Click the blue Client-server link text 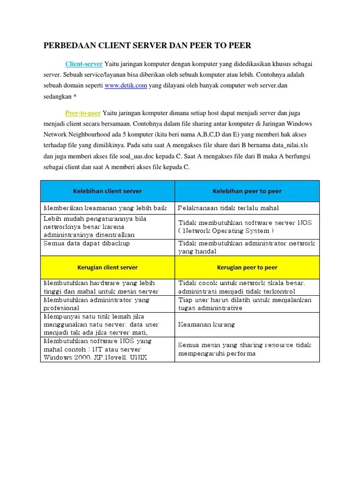pos(84,63)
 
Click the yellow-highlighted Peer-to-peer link pos(83,113)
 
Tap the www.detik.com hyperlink pos(126,85)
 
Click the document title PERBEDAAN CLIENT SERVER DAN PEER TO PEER pos(148,45)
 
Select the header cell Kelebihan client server pos(107,191)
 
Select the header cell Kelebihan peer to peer pos(247,191)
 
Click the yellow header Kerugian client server pos(107,267)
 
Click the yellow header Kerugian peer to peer pos(247,267)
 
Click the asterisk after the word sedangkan pos(75,97)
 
